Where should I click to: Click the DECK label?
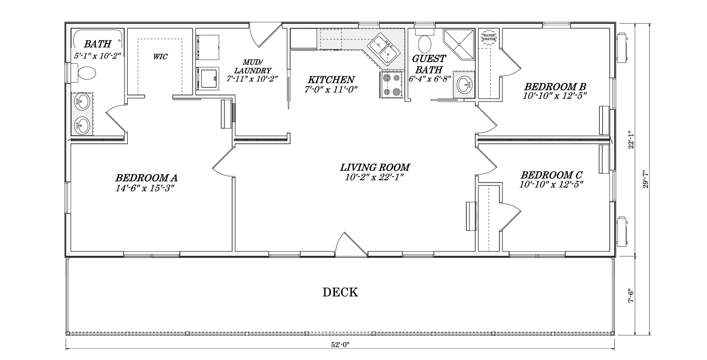coord(340,292)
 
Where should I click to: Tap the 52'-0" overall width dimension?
coord(340,345)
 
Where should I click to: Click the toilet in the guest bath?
coord(425,41)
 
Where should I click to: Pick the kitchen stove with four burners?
coord(391,84)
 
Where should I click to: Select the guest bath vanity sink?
coord(464,84)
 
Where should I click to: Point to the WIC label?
coord(161,57)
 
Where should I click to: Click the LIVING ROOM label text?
coord(375,167)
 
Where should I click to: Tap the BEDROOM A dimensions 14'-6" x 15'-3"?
coord(145,188)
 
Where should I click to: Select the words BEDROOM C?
coord(551,175)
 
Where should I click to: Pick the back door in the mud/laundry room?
coord(265,35)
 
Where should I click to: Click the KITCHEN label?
coord(331,80)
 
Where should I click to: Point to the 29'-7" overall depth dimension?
coord(646,179)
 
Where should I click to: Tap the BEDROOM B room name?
coord(555,86)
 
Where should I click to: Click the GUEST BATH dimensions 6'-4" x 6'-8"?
coord(430,79)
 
